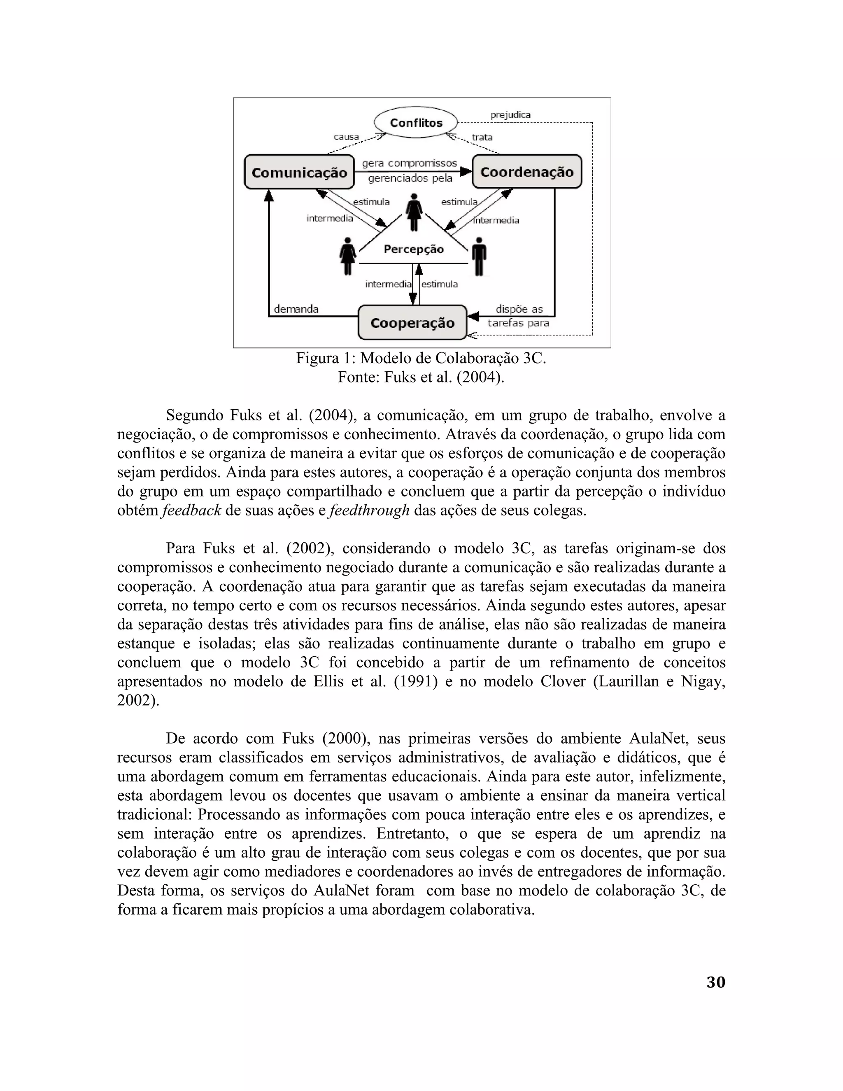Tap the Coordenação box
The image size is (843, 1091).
(527, 172)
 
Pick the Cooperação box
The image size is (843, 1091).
(412, 323)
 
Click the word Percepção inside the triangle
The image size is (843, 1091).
(414, 249)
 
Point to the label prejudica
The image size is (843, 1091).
(510, 115)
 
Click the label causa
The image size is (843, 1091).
(346, 137)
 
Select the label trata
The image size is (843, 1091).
(482, 137)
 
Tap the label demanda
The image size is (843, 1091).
(296, 309)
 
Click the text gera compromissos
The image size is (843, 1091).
(409, 163)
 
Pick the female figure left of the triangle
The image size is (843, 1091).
(347, 256)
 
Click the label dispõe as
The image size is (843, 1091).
(519, 309)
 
